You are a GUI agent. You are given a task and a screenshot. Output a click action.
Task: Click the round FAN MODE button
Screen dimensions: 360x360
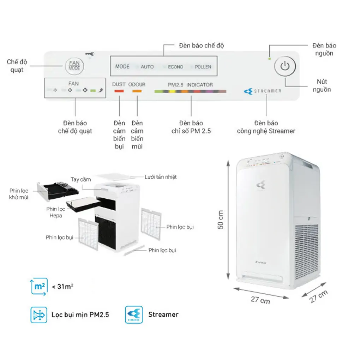tap(74, 66)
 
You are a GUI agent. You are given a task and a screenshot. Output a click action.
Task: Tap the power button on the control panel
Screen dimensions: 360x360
tap(285, 66)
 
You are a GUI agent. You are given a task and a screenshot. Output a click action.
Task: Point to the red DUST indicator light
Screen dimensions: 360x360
tap(119, 91)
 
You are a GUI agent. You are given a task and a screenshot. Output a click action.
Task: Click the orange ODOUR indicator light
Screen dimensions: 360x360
tap(137, 91)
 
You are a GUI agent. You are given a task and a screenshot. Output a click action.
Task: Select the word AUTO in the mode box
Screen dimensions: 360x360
tap(147, 67)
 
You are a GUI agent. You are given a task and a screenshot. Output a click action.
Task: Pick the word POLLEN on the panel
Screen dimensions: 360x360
tap(203, 67)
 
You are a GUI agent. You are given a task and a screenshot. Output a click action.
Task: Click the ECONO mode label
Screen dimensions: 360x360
tap(175, 67)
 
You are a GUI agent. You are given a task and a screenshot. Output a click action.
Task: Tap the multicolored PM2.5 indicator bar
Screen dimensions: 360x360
tap(190, 91)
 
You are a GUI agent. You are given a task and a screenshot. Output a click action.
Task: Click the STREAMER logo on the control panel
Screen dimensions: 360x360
tap(263, 91)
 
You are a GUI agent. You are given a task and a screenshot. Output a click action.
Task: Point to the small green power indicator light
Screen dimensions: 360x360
tap(270, 58)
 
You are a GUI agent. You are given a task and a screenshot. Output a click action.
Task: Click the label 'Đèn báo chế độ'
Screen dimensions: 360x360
tap(201, 46)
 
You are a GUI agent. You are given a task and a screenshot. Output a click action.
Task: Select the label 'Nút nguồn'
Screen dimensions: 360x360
tap(322, 86)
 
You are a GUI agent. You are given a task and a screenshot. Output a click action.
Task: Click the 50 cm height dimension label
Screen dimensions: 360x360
tap(221, 220)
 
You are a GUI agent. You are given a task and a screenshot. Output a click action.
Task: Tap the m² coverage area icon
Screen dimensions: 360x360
tap(38, 287)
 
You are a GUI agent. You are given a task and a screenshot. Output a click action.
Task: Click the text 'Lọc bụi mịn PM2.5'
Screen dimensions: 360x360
tap(80, 314)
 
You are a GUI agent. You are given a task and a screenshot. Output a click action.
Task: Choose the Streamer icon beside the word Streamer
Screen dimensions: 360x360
tap(134, 314)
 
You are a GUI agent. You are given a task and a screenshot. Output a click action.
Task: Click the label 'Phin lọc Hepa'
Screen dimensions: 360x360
tap(55, 212)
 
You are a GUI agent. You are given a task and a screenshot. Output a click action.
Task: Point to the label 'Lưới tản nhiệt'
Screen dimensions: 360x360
tap(161, 177)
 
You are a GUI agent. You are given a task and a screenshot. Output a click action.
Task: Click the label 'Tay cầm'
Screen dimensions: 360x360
tap(80, 179)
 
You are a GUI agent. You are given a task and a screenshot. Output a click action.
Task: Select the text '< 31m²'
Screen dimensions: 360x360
tap(62, 287)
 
